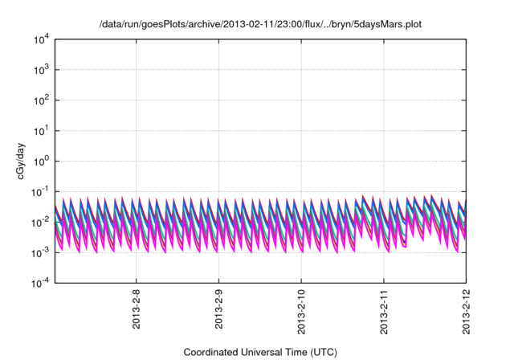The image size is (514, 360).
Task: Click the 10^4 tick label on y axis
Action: (40, 39)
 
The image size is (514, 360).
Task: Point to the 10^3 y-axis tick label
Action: (40, 70)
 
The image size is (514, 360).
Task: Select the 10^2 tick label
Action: (40, 100)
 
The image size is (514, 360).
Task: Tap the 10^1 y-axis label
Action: (40, 130)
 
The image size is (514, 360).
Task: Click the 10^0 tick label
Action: (40, 161)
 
